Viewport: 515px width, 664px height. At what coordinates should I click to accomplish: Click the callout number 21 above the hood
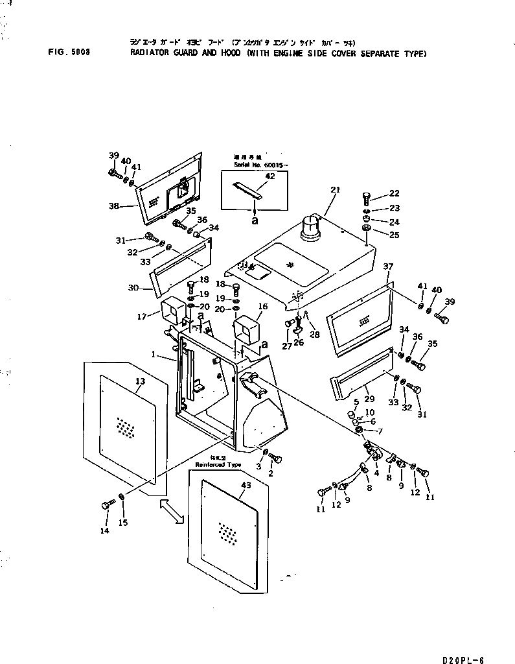tap(335, 189)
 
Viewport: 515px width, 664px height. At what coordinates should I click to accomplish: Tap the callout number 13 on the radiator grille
tap(140, 381)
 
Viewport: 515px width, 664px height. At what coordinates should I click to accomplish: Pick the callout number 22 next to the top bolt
tap(394, 193)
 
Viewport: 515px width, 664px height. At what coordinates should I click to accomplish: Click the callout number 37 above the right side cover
tap(388, 267)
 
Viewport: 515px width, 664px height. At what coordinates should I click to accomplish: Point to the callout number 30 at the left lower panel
tap(134, 288)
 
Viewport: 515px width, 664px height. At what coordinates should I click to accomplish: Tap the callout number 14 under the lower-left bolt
tap(105, 530)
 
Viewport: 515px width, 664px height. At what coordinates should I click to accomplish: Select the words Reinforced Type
tap(218, 465)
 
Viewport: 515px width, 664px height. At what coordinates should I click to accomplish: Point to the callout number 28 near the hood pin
tap(315, 334)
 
